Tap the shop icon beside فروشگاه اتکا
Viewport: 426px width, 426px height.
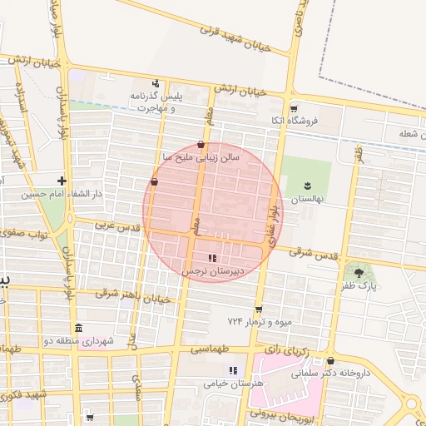pos(293,109)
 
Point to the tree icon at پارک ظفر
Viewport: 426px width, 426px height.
pos(359,272)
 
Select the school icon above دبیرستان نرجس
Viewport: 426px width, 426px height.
pos(212,258)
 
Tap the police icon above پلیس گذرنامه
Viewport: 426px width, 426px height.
pos(156,83)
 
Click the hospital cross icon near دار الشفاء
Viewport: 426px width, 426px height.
pos(61,180)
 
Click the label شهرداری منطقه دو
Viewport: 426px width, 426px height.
pos(78,341)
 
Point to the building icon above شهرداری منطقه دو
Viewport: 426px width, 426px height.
pos(78,327)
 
